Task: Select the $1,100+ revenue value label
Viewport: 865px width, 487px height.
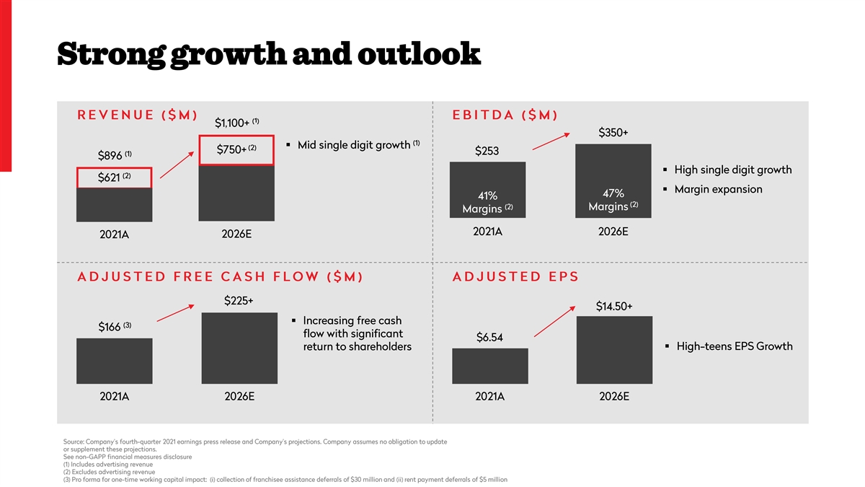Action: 236,123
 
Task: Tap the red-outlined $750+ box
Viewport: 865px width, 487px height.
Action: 237,149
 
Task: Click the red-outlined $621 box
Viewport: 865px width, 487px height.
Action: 114,178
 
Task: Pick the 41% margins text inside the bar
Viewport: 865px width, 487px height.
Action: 487,202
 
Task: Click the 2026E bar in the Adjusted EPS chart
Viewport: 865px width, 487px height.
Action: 614,350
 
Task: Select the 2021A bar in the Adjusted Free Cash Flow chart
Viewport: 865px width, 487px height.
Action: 114,361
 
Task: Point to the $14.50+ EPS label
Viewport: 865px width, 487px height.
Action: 614,307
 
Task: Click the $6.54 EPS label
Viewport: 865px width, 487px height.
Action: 489,338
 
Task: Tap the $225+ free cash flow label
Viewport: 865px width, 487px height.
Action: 239,301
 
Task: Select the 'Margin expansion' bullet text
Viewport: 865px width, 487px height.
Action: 718,189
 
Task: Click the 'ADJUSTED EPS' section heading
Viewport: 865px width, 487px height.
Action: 515,277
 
